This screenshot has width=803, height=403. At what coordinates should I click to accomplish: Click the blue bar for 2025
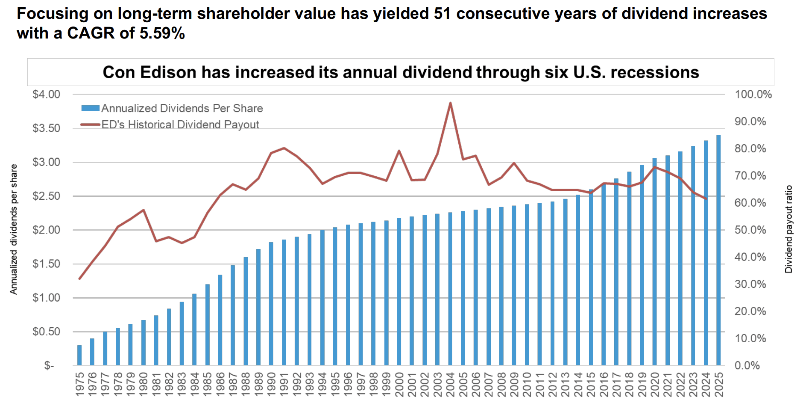718,250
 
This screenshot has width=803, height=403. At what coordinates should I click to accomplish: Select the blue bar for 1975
79,355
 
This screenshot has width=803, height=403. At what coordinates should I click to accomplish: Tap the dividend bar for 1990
271,304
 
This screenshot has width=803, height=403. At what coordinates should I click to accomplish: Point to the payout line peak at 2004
450,103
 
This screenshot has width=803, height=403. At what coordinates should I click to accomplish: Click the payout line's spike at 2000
399,151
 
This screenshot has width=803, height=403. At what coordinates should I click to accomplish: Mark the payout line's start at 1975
79,279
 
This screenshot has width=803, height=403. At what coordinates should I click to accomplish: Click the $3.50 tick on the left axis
46,128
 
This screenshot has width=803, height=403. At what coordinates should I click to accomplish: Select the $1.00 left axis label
46,298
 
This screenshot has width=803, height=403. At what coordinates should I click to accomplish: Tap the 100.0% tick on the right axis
753,95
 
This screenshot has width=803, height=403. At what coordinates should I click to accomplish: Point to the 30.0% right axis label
750,284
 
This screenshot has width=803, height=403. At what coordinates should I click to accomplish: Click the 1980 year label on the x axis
144,384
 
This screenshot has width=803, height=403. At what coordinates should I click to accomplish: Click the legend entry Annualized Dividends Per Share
182,108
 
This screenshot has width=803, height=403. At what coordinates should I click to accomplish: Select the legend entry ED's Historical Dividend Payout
180,124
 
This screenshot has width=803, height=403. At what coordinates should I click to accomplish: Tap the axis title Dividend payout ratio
789,229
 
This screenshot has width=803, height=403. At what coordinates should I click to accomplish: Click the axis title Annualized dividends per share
14,229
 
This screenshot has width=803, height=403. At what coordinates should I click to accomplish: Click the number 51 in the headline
443,14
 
